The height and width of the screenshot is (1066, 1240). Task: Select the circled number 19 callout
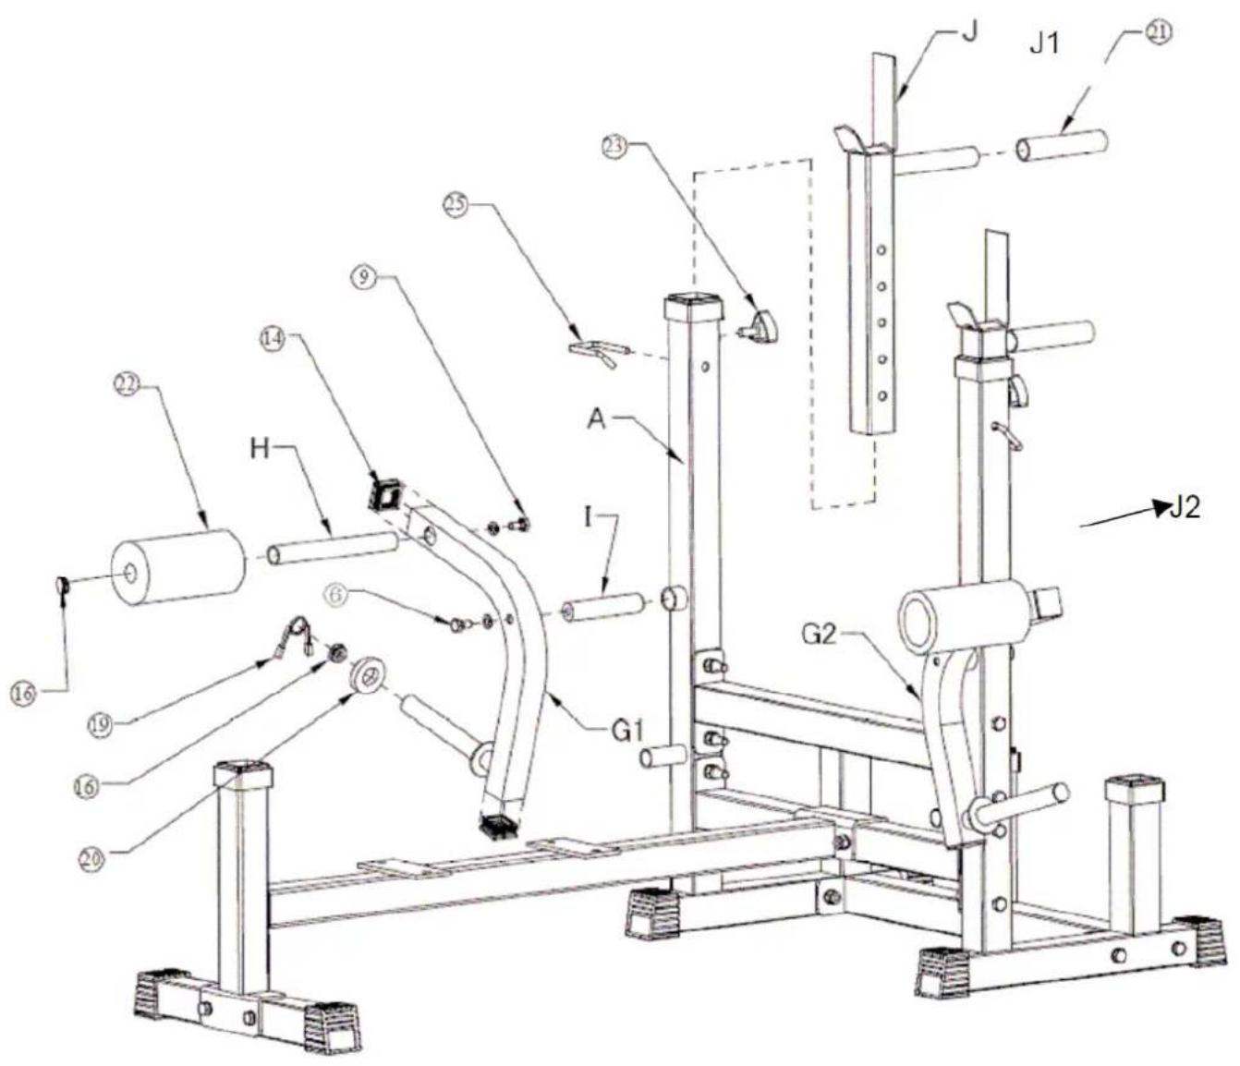click(x=103, y=725)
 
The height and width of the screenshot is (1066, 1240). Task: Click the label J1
click(x=1044, y=43)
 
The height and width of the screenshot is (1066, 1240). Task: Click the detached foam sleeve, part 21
click(x=1063, y=146)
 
